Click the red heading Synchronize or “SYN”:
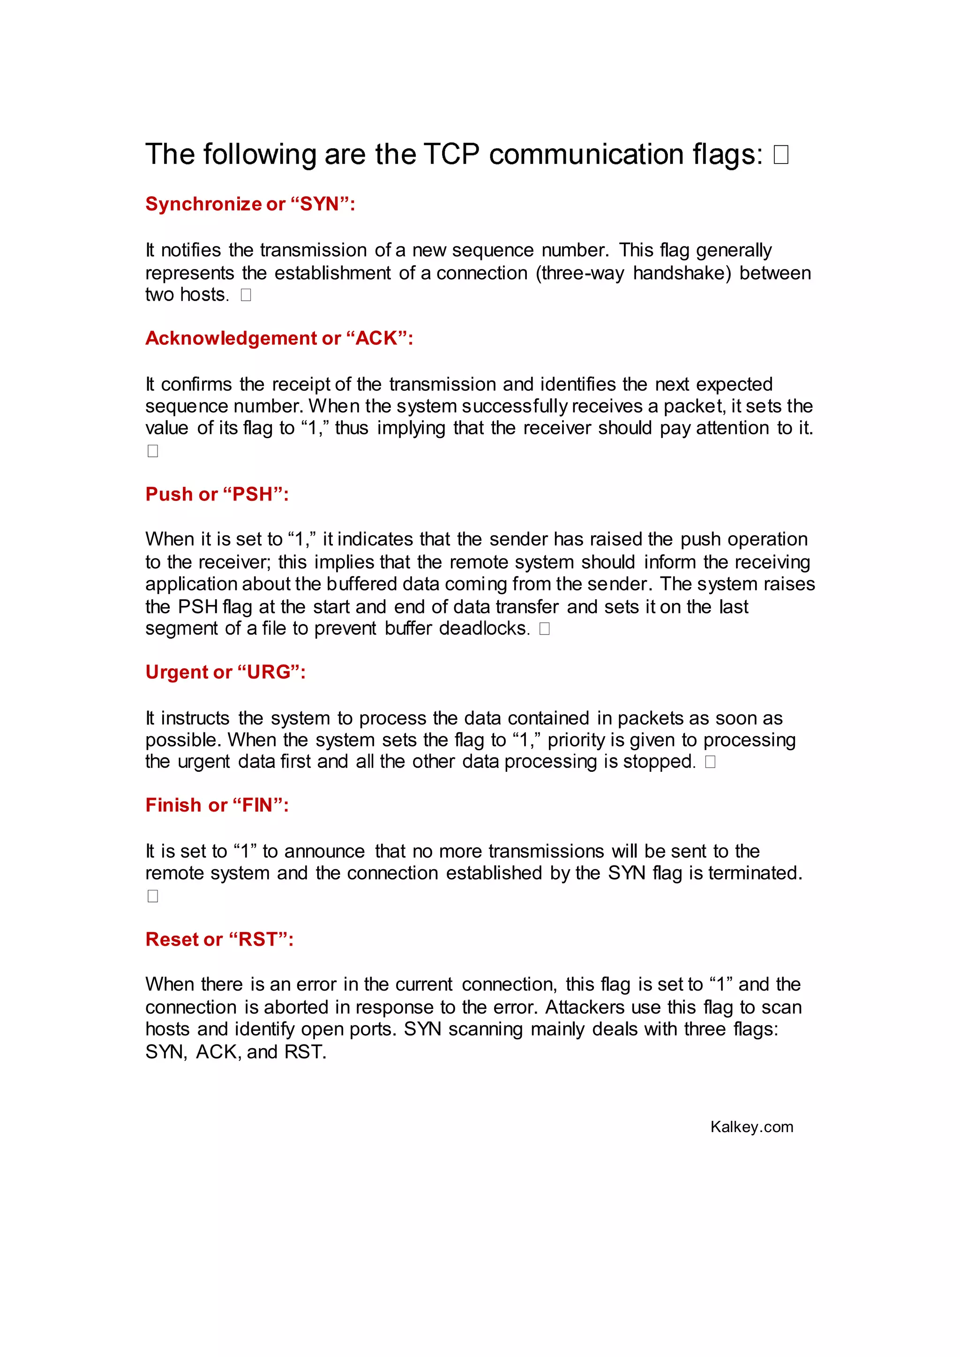(250, 204)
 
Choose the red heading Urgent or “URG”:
(225, 672)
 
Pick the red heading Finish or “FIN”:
(217, 805)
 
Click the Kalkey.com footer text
(751, 1127)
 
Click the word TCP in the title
(451, 155)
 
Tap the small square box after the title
(780, 155)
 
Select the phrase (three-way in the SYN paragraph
(579, 273)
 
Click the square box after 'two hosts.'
(246, 295)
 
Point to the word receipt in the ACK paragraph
(301, 385)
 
